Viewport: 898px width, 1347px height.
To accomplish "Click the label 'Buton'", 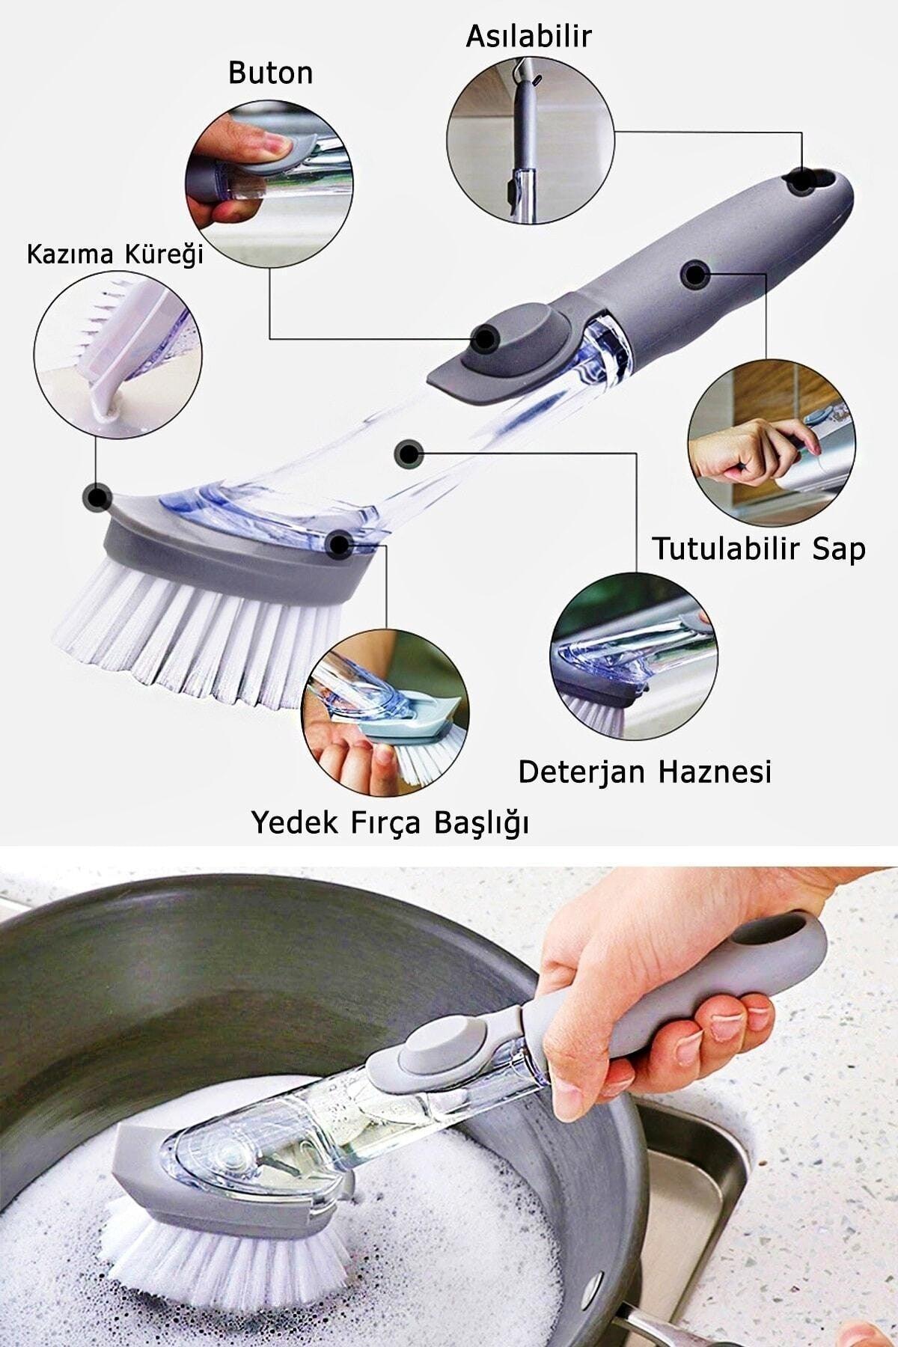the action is pos(270,73).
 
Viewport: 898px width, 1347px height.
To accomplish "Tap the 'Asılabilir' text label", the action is pos(528,36).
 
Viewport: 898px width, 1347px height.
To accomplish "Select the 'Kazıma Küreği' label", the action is pos(115,254).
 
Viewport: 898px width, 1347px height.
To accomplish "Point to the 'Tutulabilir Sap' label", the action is pos(759,549).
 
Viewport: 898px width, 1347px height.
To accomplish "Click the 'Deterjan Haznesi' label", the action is pos(644,772).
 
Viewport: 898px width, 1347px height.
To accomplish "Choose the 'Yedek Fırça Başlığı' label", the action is pos(390,823).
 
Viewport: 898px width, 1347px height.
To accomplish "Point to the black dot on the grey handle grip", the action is pos(696,275).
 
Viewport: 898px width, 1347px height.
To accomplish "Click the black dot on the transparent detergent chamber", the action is pos(408,453).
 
